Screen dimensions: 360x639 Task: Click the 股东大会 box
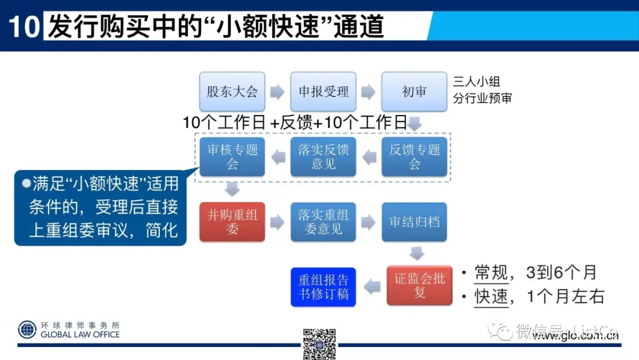[232, 92]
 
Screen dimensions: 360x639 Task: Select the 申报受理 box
[323, 92]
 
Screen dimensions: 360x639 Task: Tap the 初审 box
[414, 92]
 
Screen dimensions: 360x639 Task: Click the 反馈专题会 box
[414, 157]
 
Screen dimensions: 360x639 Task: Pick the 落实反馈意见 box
[323, 157]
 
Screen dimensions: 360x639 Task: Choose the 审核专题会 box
[232, 157]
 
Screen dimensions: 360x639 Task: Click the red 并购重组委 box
[232, 222]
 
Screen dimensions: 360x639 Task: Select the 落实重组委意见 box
[323, 222]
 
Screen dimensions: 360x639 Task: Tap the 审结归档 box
[414, 222]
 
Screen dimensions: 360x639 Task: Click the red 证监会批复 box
[419, 285]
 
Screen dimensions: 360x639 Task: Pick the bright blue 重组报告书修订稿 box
[323, 287]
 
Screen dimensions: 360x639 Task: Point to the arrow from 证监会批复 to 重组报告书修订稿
[372, 287]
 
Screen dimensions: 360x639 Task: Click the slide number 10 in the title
[24, 27]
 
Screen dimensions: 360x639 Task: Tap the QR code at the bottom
[319, 343]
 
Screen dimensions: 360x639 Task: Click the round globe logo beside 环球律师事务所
[27, 329]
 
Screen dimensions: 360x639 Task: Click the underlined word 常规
[491, 272]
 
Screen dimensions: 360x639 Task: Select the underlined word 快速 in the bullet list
[491, 296]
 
